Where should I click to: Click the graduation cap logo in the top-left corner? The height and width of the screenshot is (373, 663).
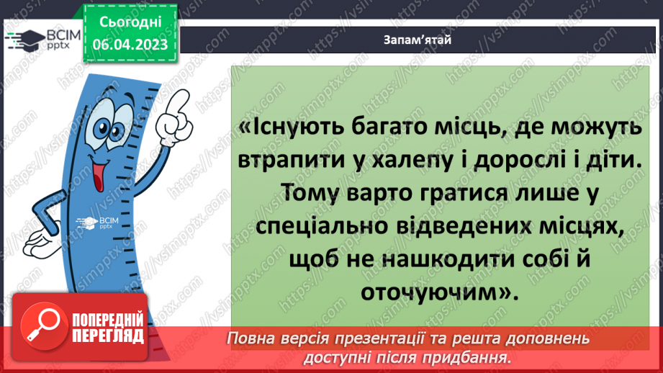point(23,40)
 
